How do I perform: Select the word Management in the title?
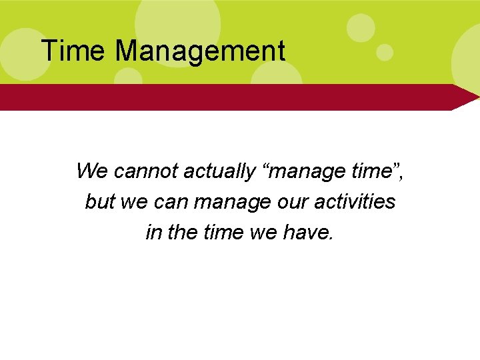point(200,52)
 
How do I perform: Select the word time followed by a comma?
point(373,171)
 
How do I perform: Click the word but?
point(100,201)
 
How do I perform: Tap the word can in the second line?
point(173,202)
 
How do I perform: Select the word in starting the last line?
point(153,231)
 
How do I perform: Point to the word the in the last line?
point(180,231)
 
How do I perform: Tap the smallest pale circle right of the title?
point(385,51)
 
